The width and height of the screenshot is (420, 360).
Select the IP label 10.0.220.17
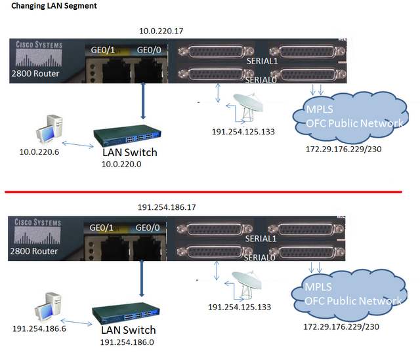click(x=161, y=31)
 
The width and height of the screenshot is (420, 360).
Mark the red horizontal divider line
click(x=210, y=192)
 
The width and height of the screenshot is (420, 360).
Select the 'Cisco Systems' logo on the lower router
click(x=38, y=223)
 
